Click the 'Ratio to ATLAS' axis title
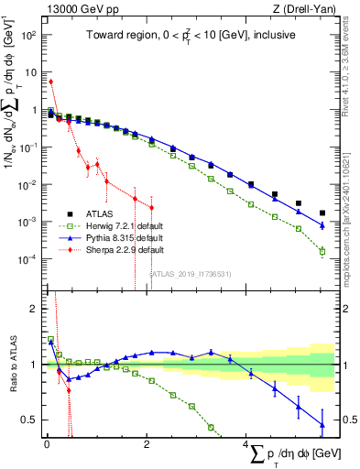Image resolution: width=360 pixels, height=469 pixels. [x=12, y=364]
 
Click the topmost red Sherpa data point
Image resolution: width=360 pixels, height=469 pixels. [x=50, y=82]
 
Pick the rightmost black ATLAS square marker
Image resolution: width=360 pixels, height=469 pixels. [x=321, y=213]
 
